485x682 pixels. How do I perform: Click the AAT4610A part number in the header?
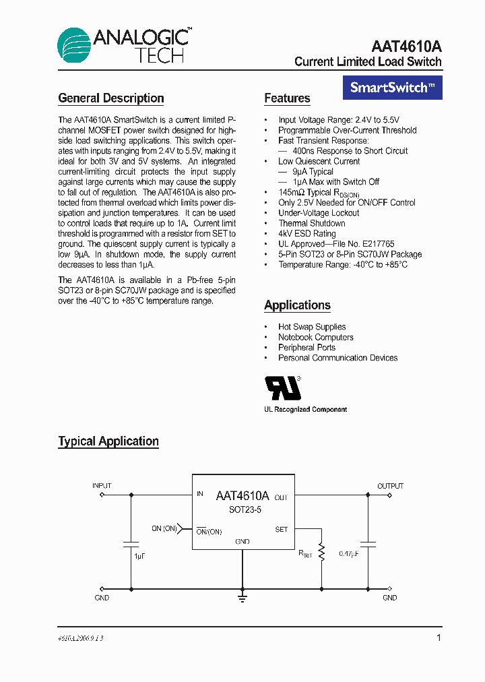pos(406,46)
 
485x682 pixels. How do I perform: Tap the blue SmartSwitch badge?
pos(393,88)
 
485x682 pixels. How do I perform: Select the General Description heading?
pos(111,98)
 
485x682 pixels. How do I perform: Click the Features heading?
pos(287,98)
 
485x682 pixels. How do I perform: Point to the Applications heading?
pos(297,305)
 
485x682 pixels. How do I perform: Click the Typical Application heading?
pos(108,441)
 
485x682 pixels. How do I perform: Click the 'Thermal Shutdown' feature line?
pos(312,223)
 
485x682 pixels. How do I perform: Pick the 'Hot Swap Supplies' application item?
pos(312,327)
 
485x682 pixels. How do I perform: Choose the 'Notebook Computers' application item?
pos(316,337)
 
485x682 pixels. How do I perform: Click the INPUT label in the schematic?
pos(102,486)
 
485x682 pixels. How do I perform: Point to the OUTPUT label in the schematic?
pos(390,486)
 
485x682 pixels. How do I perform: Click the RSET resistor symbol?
pos(321,553)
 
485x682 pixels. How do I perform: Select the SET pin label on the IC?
pos(282,530)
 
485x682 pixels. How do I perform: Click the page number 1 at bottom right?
pos(439,638)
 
